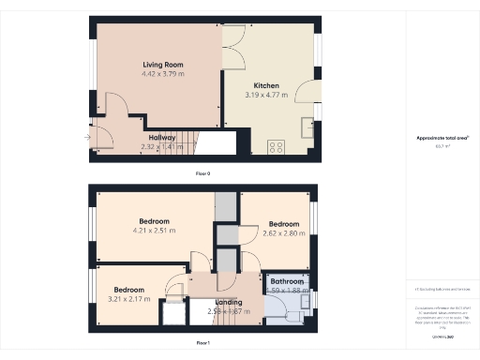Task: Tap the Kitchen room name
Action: [265, 85]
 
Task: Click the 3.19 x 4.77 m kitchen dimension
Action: [265, 95]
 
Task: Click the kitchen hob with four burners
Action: [277, 146]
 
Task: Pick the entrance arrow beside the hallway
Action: [86, 139]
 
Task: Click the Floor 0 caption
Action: [202, 174]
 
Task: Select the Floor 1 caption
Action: [202, 343]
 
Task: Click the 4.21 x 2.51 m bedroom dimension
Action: [153, 231]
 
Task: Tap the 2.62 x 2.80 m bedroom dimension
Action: [283, 233]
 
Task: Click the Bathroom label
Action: [287, 281]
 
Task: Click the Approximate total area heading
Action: [442, 138]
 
